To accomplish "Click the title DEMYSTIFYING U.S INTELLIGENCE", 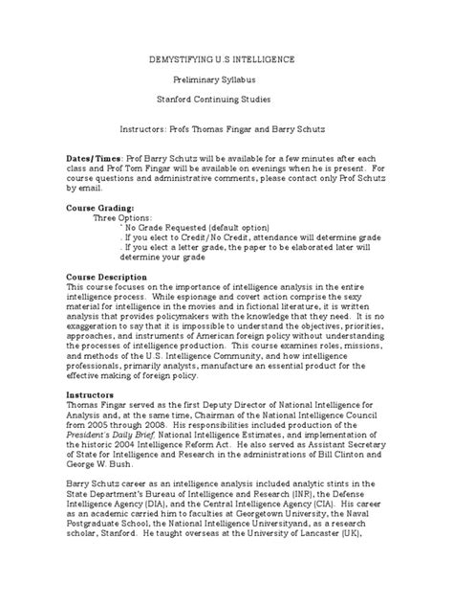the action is (226, 59).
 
